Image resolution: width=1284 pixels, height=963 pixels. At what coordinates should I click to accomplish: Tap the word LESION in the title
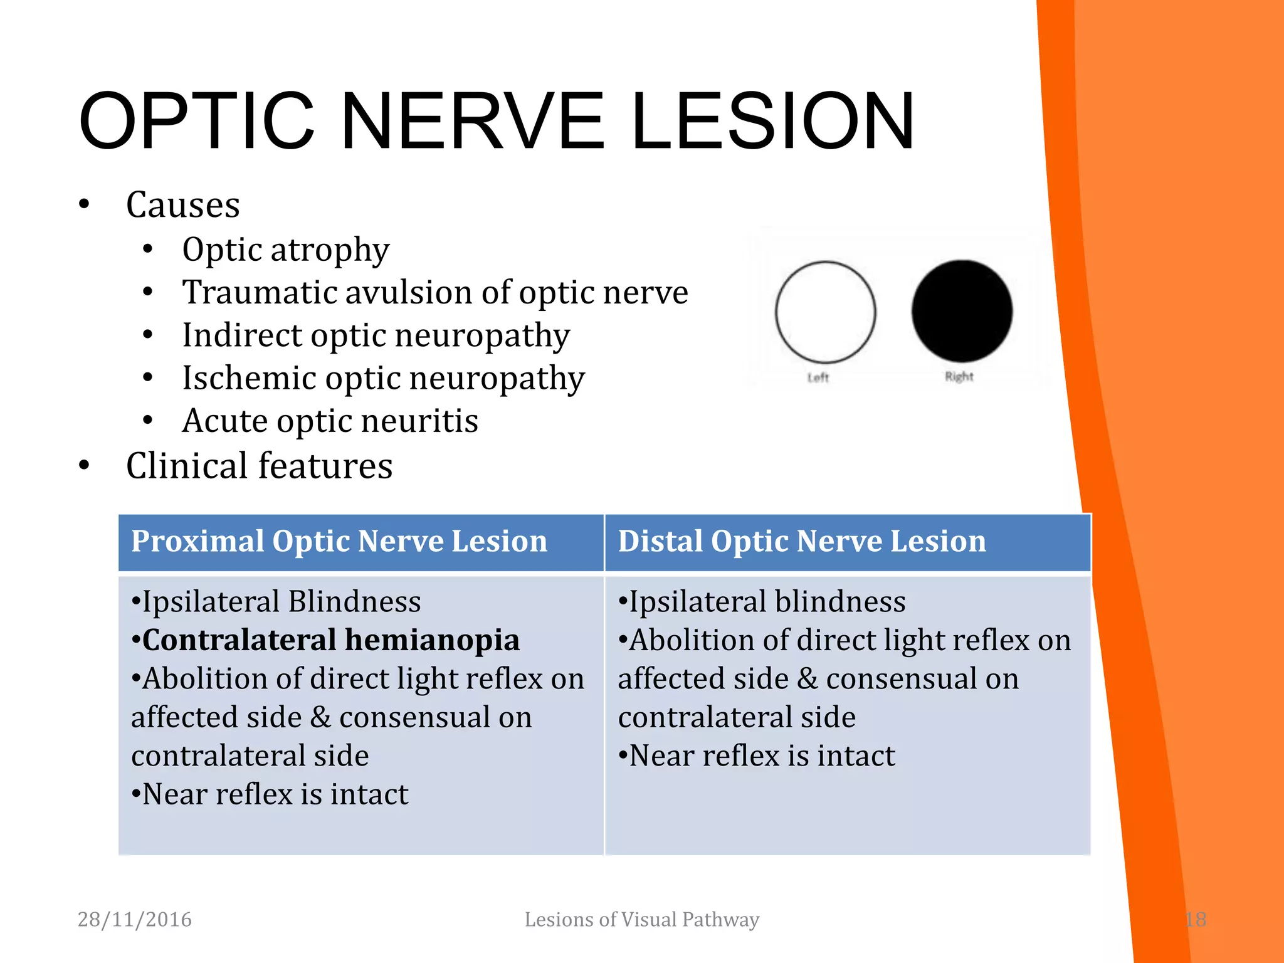(772, 121)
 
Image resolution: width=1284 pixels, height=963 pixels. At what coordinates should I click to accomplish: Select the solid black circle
(961, 311)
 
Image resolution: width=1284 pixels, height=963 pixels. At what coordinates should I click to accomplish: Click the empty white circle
(825, 312)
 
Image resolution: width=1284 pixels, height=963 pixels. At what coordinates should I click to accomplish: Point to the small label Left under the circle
(818, 377)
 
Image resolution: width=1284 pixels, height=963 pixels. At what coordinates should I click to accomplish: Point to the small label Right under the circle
(959, 376)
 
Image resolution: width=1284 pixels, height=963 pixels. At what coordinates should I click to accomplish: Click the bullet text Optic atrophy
(285, 250)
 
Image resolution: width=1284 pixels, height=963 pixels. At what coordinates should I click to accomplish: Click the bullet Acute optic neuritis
(330, 421)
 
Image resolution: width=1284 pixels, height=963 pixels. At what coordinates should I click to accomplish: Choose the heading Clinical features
(259, 466)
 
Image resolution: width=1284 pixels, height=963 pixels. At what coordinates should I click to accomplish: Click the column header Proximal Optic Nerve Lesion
(339, 541)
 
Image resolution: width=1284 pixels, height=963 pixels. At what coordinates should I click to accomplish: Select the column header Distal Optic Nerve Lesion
(801, 541)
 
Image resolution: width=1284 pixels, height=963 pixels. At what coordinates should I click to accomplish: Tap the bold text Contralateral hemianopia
(330, 640)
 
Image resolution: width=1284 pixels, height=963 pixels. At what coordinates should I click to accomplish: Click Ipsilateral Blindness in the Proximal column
(281, 602)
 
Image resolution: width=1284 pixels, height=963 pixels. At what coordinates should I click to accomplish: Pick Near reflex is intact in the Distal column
(762, 755)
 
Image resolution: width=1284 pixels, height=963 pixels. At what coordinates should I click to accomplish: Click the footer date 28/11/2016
(134, 919)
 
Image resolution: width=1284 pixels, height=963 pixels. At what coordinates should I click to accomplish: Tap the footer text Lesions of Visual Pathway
(641, 919)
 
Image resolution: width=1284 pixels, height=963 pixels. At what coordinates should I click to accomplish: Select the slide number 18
(1195, 919)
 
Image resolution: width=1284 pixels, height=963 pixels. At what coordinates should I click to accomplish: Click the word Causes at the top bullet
(182, 205)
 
